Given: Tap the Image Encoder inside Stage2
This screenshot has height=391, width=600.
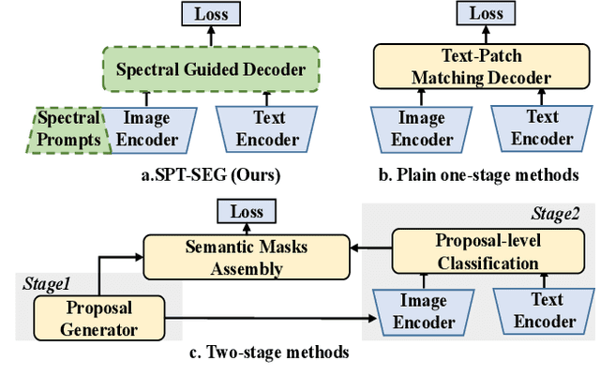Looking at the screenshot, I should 413,311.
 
